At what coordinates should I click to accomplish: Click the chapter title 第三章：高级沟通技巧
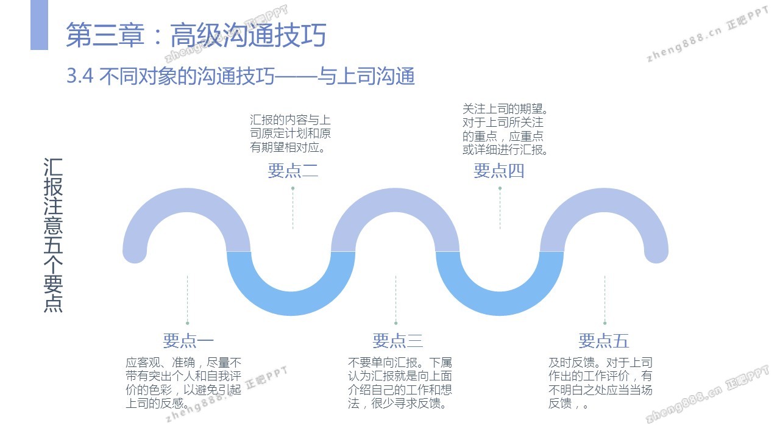click(196, 35)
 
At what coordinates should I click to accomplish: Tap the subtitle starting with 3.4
click(241, 77)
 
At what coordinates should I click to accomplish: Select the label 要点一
click(188, 340)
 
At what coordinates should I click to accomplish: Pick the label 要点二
click(293, 171)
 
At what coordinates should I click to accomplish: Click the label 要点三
click(397, 340)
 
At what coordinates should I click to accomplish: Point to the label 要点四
click(499, 171)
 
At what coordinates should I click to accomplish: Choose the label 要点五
click(603, 340)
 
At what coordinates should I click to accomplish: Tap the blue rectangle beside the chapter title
click(39, 25)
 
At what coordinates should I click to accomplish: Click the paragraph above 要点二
click(290, 134)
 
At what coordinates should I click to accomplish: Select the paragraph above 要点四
click(505, 129)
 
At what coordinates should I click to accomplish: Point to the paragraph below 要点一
click(183, 382)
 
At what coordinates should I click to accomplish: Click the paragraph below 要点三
click(400, 382)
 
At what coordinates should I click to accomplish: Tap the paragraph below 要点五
click(600, 382)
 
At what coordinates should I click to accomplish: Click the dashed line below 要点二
click(293, 210)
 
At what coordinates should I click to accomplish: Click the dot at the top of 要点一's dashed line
click(188, 323)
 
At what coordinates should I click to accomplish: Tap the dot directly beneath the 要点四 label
click(500, 188)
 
